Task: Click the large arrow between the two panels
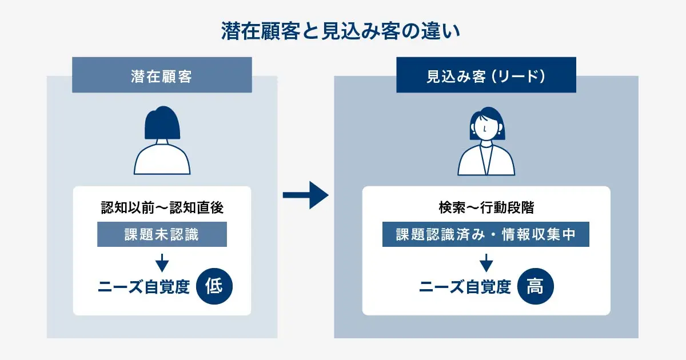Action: point(306,195)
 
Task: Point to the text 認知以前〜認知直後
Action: point(162,208)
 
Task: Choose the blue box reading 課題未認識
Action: point(162,235)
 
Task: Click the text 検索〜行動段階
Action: point(486,208)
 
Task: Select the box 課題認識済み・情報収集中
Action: point(486,235)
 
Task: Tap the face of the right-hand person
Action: point(485,127)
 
